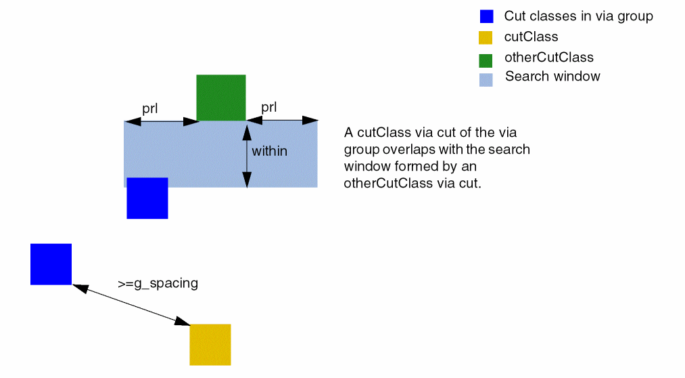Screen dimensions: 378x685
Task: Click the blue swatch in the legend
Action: click(x=486, y=17)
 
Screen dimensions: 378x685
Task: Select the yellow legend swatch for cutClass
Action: click(x=486, y=38)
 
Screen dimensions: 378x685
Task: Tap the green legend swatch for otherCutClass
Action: click(x=486, y=60)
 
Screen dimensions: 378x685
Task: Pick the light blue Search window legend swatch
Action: click(x=486, y=79)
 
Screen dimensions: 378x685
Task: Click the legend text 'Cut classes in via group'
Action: click(x=578, y=16)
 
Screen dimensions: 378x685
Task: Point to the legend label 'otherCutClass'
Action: click(x=548, y=58)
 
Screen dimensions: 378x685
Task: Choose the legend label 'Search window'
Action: click(x=552, y=77)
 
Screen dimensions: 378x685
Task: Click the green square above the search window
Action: click(x=220, y=98)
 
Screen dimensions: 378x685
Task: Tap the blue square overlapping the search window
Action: click(x=147, y=198)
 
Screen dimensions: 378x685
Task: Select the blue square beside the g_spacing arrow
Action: click(x=51, y=264)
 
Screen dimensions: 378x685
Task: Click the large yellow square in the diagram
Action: click(x=210, y=345)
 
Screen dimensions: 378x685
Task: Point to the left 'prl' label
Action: click(x=149, y=108)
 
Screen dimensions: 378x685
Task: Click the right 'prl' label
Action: click(x=268, y=107)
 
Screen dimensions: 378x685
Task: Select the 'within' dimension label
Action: click(x=269, y=151)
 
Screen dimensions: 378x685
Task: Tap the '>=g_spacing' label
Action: click(x=158, y=284)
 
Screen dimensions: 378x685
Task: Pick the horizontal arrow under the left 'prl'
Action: click(x=161, y=122)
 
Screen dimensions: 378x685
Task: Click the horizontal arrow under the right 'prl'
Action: click(x=282, y=121)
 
